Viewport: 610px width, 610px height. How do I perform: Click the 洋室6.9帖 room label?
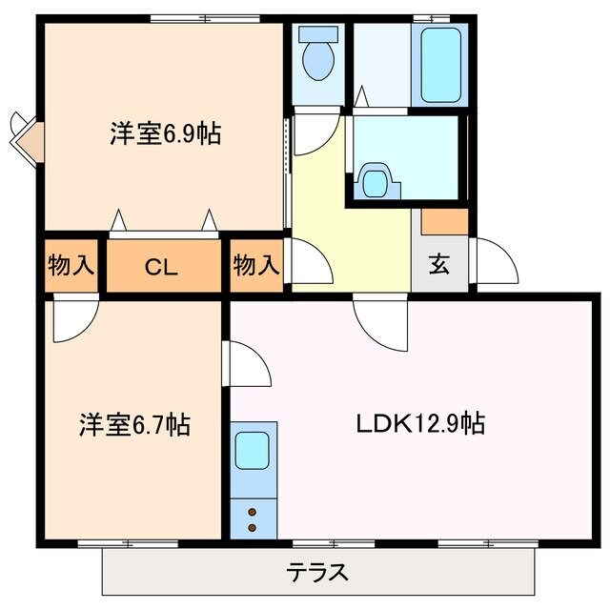point(164,134)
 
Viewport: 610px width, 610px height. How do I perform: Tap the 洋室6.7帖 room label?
point(133,424)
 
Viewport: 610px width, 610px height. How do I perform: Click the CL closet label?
point(163,267)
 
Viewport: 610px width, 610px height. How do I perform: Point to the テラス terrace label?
point(316,574)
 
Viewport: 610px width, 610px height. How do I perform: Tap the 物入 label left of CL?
point(71,266)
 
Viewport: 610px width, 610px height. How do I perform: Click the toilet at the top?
point(315,55)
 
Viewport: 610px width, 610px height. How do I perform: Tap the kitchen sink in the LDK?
point(253,448)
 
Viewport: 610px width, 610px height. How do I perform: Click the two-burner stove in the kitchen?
point(253,518)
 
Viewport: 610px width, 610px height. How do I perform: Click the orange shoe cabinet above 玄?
point(444,221)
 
